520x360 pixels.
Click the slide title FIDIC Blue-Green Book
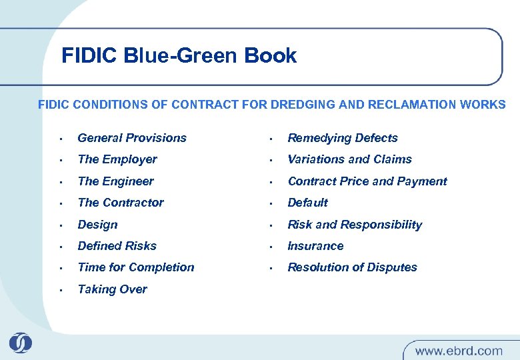coord(179,55)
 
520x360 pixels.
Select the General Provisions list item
coord(132,138)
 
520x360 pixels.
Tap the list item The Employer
coord(117,159)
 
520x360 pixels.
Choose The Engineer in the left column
coord(115,181)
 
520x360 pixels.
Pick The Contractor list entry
coord(121,203)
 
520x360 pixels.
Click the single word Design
coord(97,225)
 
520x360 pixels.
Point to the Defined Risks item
coord(117,246)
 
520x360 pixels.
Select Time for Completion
coord(136,267)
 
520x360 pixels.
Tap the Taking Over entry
coord(112,289)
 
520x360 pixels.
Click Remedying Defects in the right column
coord(342,138)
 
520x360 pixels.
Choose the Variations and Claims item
coord(349,159)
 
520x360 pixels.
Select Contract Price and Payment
coord(367,181)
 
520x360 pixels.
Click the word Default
coord(307,203)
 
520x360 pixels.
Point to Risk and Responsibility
coord(355,225)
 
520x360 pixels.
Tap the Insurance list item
coord(315,246)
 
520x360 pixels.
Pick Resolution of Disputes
coord(352,267)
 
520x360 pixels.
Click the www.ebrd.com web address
coord(459,350)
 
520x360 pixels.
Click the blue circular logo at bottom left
coord(21,343)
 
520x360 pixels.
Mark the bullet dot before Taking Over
coord(61,290)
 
